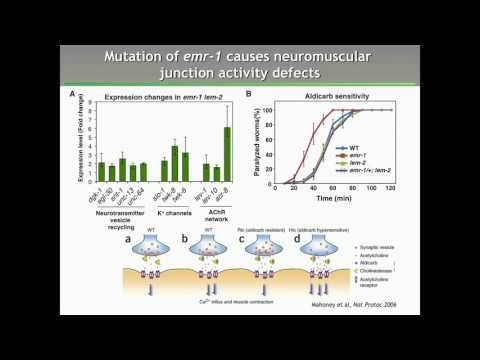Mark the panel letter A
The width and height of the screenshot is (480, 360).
[x=72, y=94]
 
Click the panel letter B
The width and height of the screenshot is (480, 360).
[x=249, y=94]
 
